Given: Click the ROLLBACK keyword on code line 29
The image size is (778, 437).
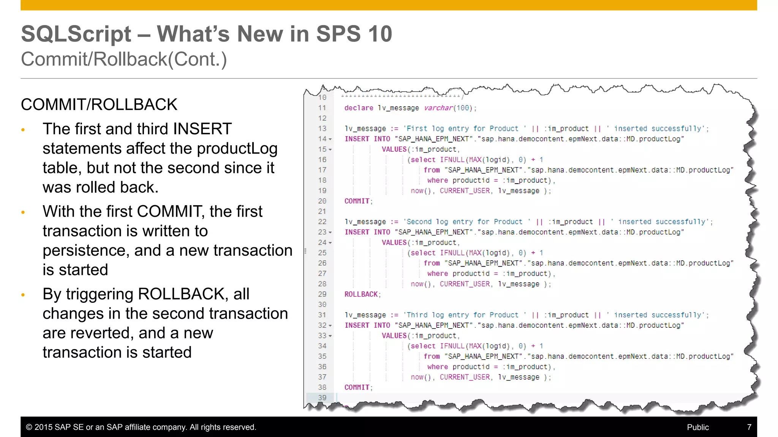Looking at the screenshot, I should pyautogui.click(x=361, y=294).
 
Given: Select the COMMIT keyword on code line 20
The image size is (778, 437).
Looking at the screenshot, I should pyautogui.click(x=357, y=201).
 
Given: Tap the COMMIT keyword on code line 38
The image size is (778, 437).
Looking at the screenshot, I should pyautogui.click(x=357, y=387).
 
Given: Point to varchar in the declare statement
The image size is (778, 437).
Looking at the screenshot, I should pyautogui.click(x=438, y=108).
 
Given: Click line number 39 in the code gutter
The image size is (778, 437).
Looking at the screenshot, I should pyautogui.click(x=322, y=398).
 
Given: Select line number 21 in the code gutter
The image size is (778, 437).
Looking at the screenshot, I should pyautogui.click(x=322, y=211).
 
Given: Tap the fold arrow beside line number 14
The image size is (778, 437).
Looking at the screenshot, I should pyautogui.click(x=330, y=139).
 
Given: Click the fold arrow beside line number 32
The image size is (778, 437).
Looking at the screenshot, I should pyautogui.click(x=330, y=325).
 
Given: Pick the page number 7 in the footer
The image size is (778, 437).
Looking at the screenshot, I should pyautogui.click(x=749, y=427).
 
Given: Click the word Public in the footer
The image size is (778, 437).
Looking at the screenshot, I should pyautogui.click(x=698, y=427).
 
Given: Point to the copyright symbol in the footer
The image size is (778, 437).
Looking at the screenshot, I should pyautogui.click(x=29, y=427).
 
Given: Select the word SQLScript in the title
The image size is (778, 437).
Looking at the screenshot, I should pyautogui.click(x=76, y=34).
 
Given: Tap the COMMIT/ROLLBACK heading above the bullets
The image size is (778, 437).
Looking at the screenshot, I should pyautogui.click(x=99, y=105).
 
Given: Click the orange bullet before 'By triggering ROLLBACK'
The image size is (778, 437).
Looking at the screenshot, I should pyautogui.click(x=23, y=295).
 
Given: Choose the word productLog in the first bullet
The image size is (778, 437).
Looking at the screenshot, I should pyautogui.click(x=237, y=148).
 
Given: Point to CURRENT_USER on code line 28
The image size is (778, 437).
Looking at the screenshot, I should pyautogui.click(x=465, y=284).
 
